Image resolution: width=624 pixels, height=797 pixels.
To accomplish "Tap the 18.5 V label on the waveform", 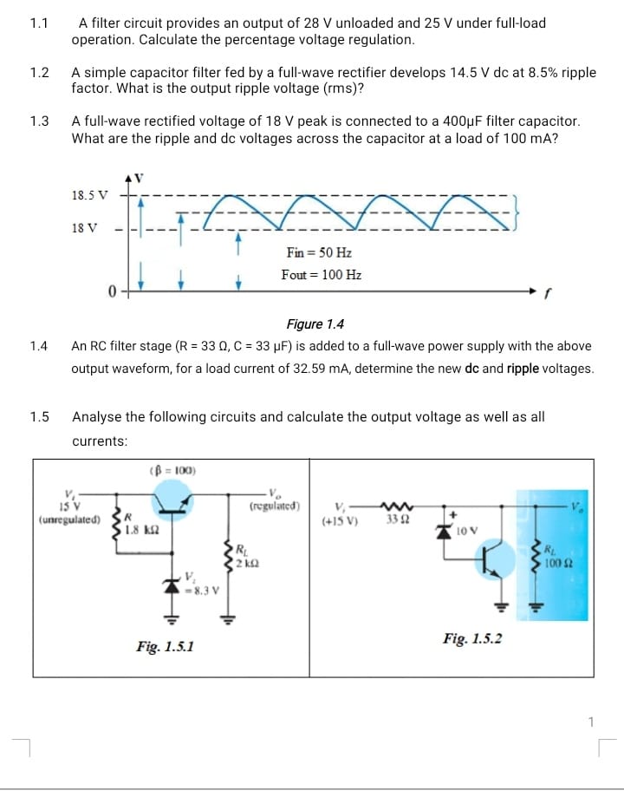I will pos(89,195).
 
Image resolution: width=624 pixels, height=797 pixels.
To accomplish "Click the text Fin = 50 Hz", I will pos(318,252).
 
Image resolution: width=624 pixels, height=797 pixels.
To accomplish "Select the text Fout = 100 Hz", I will pos(322,275).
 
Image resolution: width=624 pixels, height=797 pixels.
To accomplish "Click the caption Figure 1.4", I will pos(315,324).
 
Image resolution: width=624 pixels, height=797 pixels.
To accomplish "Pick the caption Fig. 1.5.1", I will pos(166,646).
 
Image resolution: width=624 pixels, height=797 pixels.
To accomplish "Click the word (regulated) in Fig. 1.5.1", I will pos(275,505).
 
